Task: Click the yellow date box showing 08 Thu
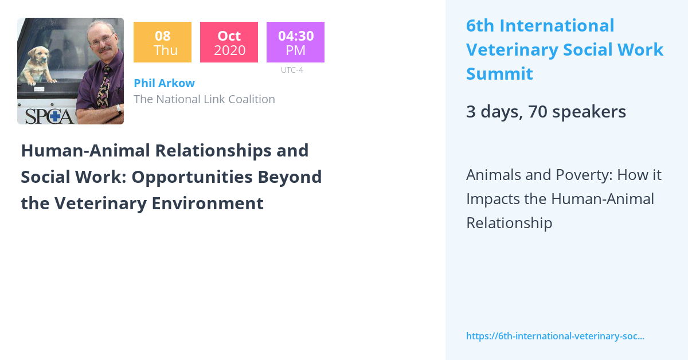point(162,42)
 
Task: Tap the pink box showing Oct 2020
point(229,42)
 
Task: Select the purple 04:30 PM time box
point(295,42)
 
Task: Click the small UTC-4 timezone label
point(292,70)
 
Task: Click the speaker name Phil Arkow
point(164,83)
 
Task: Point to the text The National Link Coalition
point(204,99)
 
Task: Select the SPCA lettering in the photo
point(46,115)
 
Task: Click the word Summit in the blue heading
point(499,74)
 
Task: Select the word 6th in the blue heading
point(480,26)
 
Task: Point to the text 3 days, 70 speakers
point(546,112)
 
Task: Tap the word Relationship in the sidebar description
point(509,223)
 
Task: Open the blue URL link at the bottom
point(555,336)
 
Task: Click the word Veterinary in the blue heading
point(511,50)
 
